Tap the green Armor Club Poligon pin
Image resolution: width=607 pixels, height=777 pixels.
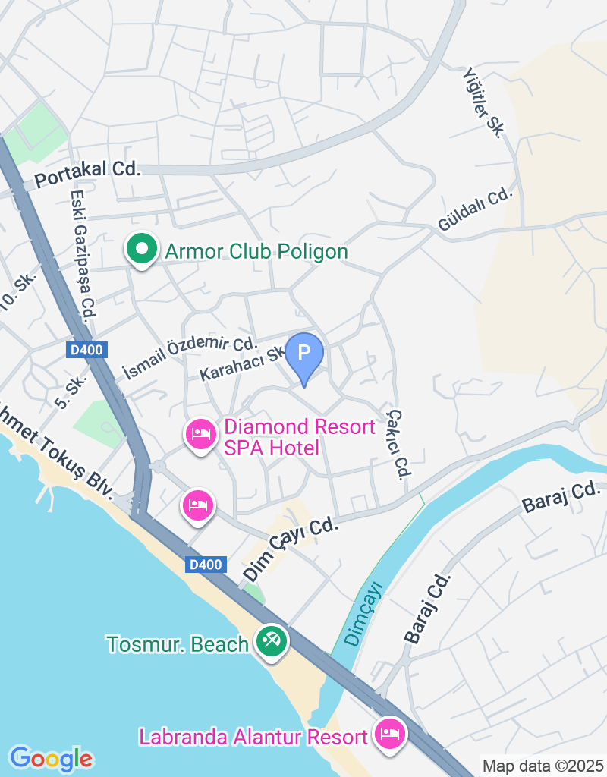click(x=140, y=250)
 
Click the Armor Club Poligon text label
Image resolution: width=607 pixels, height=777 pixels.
click(x=256, y=251)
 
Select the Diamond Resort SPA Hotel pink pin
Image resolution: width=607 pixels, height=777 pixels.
click(x=200, y=435)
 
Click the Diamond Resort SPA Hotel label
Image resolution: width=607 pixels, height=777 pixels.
click(x=299, y=437)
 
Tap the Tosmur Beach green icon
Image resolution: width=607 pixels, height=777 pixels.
click(x=270, y=642)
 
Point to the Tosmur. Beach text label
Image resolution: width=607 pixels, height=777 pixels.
click(x=178, y=644)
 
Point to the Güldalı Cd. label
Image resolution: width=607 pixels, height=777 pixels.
click(x=476, y=209)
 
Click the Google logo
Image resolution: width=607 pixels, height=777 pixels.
click(x=51, y=758)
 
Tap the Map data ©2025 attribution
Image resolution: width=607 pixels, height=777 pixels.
click(x=543, y=766)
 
